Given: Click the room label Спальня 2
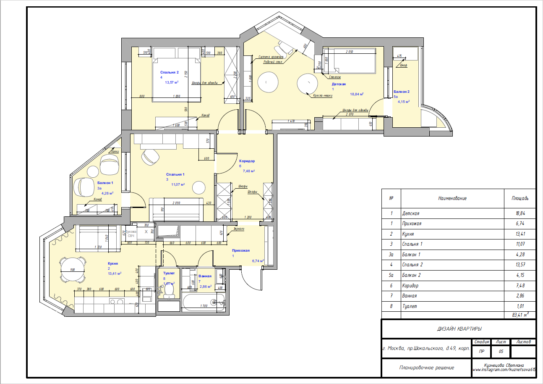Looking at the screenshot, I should point(172,72).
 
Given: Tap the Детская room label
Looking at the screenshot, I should point(339,84).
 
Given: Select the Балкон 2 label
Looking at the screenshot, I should point(401,92).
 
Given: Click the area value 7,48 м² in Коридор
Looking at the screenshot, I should point(249,171).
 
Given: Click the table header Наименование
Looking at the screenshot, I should point(452,198).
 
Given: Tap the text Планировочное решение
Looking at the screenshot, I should point(426,368).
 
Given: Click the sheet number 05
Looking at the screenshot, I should point(501,351).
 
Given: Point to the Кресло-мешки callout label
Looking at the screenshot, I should point(323,95).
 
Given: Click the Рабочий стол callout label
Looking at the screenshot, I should point(273,62).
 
